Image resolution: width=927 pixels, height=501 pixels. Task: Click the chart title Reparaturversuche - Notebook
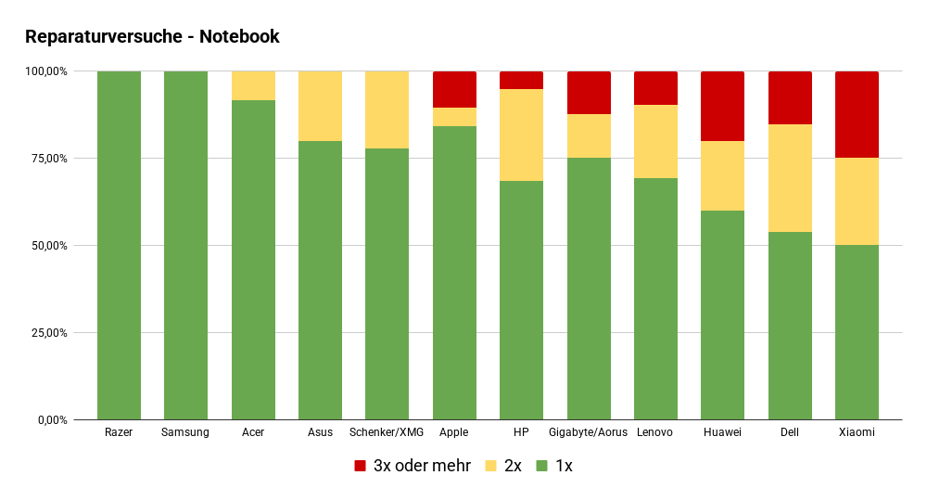(152, 37)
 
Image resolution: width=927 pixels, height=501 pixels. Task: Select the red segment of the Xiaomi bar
(857, 114)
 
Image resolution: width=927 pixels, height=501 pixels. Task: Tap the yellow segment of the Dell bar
(790, 178)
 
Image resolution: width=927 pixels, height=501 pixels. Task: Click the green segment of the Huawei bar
(722, 315)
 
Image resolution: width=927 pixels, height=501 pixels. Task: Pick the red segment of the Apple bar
(454, 89)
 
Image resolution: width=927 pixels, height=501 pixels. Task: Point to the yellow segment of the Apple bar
(454, 117)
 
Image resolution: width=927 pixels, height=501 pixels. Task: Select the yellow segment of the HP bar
(521, 135)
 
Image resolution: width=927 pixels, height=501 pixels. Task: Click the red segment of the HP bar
(521, 80)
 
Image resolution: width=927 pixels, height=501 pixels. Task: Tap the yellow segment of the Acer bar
(253, 85)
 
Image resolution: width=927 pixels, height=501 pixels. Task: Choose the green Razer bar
(119, 246)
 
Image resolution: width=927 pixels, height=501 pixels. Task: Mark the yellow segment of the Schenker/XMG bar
(387, 109)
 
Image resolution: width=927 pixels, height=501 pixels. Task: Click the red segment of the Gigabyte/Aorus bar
(589, 93)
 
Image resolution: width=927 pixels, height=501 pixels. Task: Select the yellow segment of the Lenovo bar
(655, 141)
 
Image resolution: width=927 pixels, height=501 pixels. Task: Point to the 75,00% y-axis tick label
(45, 159)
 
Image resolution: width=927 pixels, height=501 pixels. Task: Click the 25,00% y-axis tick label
(45, 333)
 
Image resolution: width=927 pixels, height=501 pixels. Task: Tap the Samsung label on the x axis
(185, 432)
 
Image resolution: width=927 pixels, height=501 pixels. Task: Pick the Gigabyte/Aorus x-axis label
(588, 432)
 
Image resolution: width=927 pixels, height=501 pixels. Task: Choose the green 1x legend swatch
(542, 466)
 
